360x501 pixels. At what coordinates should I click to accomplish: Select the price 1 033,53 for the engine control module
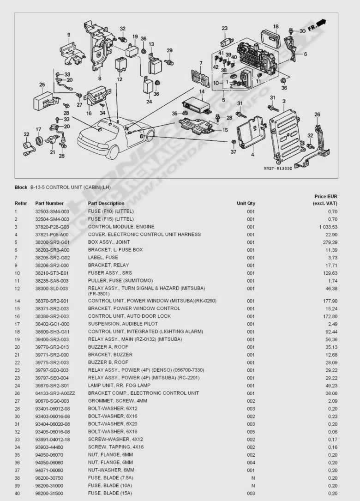pyautogui.click(x=328, y=227)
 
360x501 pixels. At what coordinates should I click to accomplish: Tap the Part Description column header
pyautogui.click(x=106, y=203)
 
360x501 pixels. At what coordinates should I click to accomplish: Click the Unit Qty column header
pyautogui.click(x=246, y=203)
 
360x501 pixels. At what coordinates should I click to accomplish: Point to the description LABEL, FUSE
pyautogui.click(x=103, y=257)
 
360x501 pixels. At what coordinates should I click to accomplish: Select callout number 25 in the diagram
pyautogui.click(x=42, y=85)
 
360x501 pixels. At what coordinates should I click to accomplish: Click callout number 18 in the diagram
pyautogui.click(x=276, y=26)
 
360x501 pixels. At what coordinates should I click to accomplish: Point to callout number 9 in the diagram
pyautogui.click(x=68, y=35)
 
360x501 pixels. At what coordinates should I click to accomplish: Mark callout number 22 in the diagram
pyautogui.click(x=26, y=134)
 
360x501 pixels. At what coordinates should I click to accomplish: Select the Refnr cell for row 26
pyautogui.click(x=17, y=393)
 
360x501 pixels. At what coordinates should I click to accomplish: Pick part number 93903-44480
pyautogui.click(x=49, y=447)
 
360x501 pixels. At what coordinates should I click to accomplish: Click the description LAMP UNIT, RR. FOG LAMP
pyautogui.click(x=119, y=386)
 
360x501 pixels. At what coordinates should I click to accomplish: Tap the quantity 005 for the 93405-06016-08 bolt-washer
pyautogui.click(x=251, y=432)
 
